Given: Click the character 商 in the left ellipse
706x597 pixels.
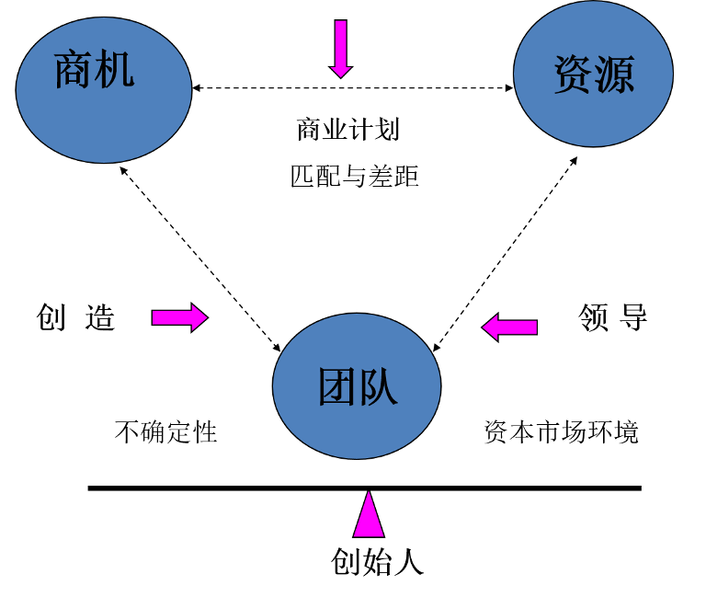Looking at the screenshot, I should coord(74,71).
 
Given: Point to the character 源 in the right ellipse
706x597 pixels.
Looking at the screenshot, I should coord(614,75).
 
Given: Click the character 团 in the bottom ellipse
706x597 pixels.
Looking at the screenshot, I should coord(336,387).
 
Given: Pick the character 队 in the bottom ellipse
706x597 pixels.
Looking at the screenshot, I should coord(378,387).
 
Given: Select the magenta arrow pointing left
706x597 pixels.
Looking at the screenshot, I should coord(510,327).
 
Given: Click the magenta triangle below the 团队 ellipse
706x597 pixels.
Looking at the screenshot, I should coord(369,520).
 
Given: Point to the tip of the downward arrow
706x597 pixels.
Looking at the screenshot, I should coord(341,76).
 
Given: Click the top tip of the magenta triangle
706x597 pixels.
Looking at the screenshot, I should coord(369,494).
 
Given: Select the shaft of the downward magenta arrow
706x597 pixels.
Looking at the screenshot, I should coord(341,41).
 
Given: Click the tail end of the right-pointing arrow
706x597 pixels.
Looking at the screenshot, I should coord(155,317).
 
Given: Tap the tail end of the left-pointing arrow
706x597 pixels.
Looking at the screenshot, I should coord(534,327).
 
